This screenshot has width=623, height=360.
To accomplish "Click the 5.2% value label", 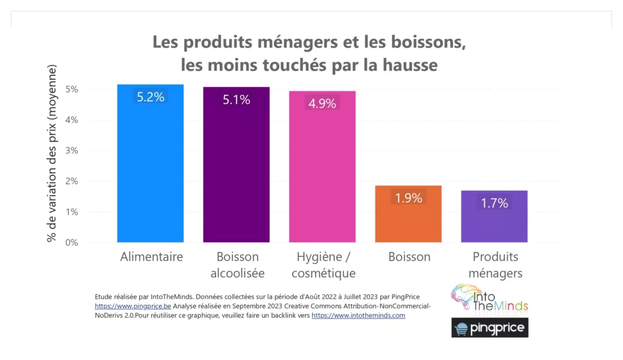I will pos(150,97).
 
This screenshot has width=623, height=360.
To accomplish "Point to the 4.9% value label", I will pos(322,103).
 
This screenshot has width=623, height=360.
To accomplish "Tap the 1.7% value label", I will pos(494,203).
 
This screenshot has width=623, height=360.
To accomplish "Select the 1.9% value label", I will pos(408,198).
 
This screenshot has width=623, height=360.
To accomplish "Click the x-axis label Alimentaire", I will pos(151,257).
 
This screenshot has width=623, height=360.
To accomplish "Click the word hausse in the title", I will pos(410,64).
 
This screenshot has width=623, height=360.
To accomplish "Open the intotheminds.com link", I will pos(358,316).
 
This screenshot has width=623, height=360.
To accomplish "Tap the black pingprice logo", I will pos(490,328).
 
